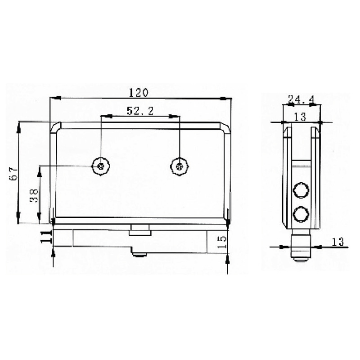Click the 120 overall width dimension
[138, 93]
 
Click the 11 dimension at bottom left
[45, 237]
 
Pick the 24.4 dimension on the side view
[301, 99]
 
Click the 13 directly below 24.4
[300, 117]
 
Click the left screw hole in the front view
[100, 166]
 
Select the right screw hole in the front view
[180, 166]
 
